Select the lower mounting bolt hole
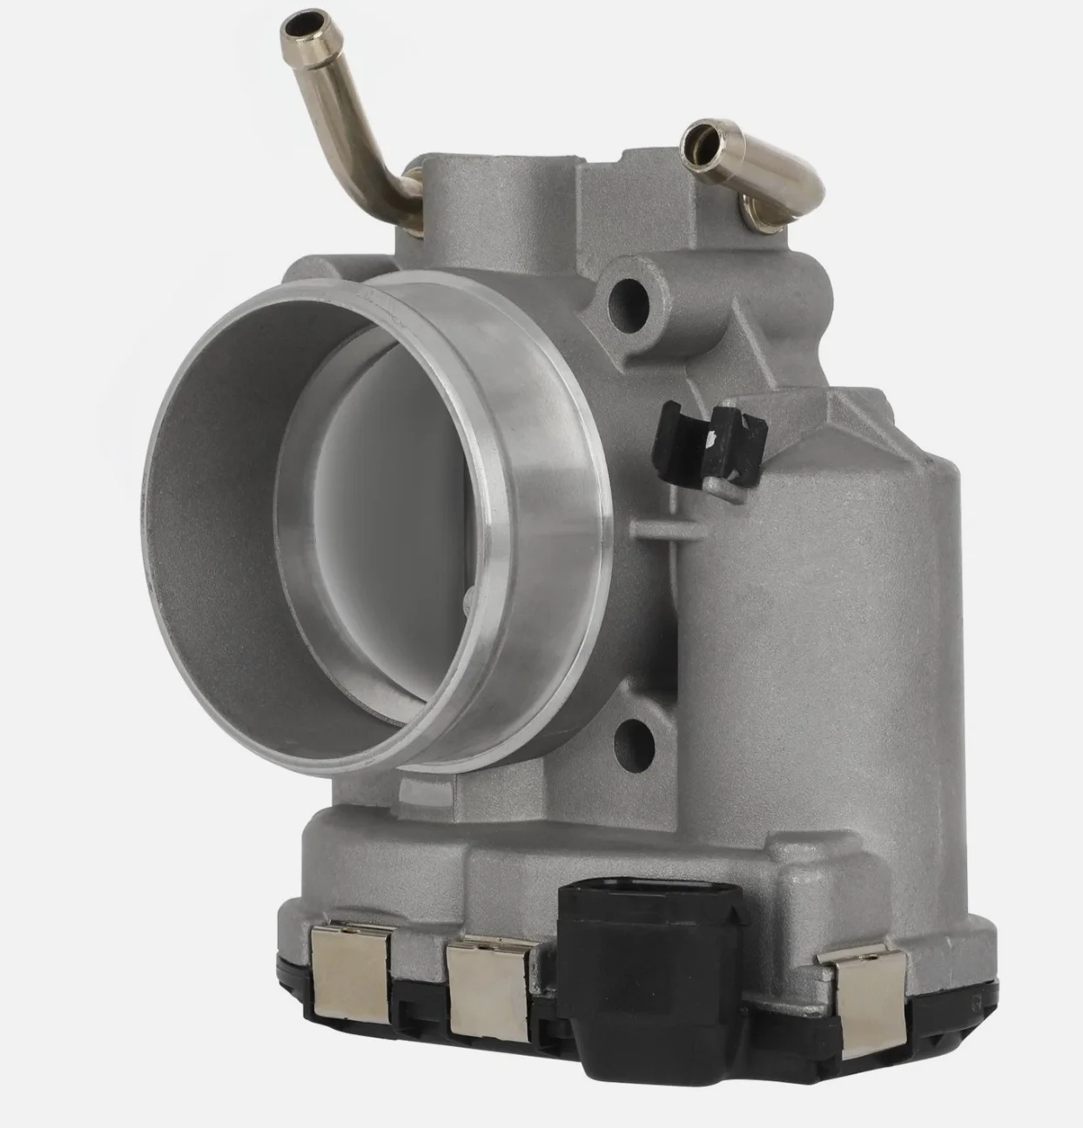[x=634, y=737]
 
